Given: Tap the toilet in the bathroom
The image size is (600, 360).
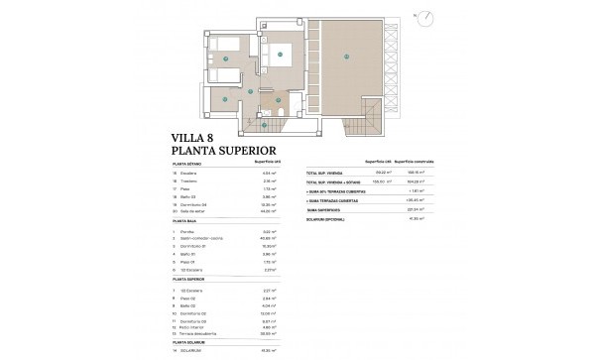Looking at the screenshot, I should [x=281, y=112].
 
